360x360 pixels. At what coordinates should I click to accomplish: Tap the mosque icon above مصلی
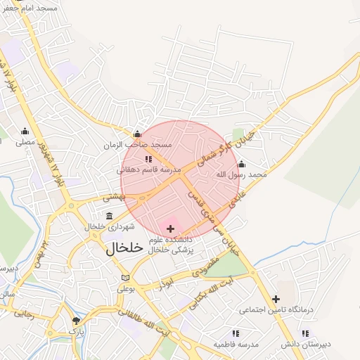point(25,130)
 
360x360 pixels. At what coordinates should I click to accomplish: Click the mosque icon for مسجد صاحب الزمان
point(137,134)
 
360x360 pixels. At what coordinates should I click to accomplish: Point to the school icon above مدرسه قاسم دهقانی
point(148,159)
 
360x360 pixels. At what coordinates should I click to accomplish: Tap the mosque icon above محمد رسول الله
point(241,164)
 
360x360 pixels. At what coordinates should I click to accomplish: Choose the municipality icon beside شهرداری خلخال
point(109,215)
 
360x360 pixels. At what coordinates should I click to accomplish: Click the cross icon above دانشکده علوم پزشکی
point(170,229)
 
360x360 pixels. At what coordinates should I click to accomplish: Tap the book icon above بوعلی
point(125,277)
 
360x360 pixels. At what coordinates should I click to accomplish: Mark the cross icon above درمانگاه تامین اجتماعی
point(276,299)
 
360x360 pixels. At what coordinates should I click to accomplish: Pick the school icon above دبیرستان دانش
point(304,333)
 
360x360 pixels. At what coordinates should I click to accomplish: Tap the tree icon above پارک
point(76,321)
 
